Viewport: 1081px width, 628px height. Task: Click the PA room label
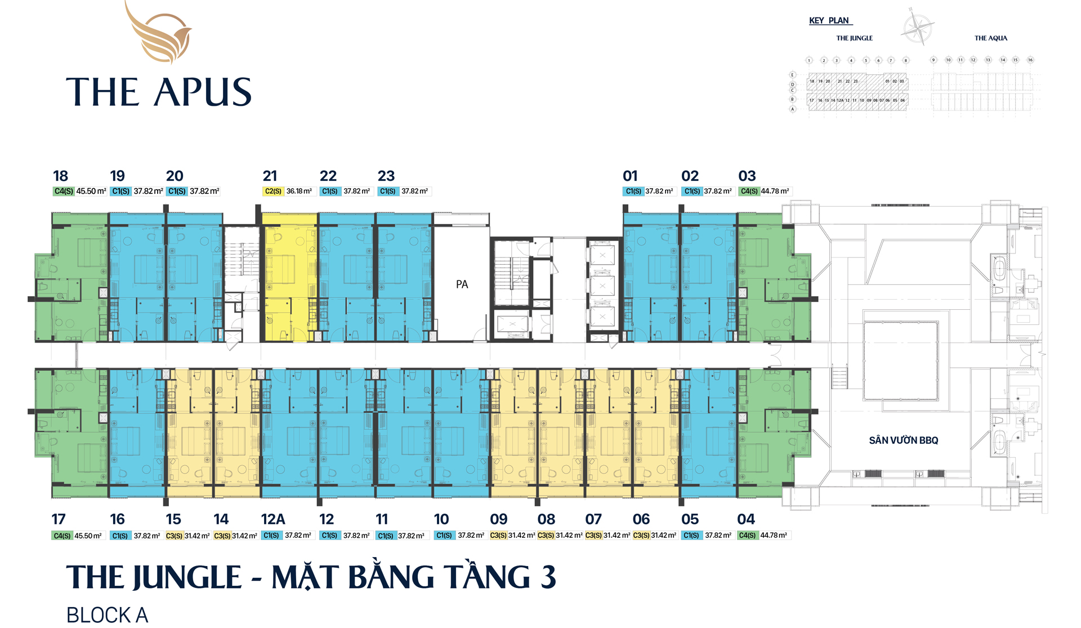pyautogui.click(x=462, y=284)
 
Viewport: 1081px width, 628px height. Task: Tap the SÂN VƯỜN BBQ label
pyautogui.click(x=903, y=440)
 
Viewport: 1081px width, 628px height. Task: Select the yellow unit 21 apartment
pyautogui.click(x=289, y=276)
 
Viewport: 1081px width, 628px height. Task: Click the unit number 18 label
pyautogui.click(x=60, y=176)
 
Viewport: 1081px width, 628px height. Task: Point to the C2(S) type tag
pyautogui.click(x=273, y=191)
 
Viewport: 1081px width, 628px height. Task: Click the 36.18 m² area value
pyautogui.click(x=299, y=191)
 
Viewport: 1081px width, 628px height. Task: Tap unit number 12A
pyautogui.click(x=273, y=519)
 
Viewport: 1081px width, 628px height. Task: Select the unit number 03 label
pyautogui.click(x=747, y=176)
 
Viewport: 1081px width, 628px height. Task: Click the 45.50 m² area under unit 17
pyautogui.click(x=88, y=536)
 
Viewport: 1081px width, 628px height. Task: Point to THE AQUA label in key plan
pyautogui.click(x=991, y=38)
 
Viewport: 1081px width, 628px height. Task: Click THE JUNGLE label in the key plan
pyautogui.click(x=854, y=38)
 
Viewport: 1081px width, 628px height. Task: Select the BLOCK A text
pyautogui.click(x=107, y=615)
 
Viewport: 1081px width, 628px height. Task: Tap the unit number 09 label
pyautogui.click(x=499, y=519)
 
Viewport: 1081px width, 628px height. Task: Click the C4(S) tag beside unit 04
pyautogui.click(x=747, y=536)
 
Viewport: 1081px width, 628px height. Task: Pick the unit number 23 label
pyautogui.click(x=386, y=176)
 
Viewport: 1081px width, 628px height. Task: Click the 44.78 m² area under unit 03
pyautogui.click(x=775, y=191)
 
